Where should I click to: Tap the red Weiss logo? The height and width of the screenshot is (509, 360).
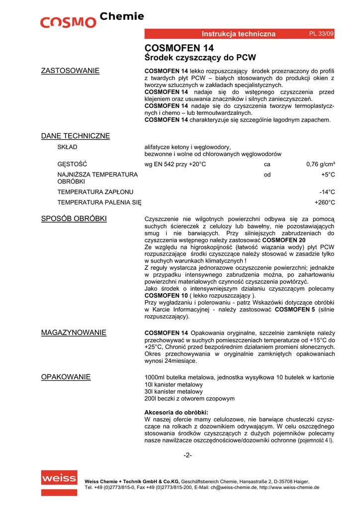point(59,479)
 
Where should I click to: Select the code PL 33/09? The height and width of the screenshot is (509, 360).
point(321,33)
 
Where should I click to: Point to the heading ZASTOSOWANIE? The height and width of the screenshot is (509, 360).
point(70,71)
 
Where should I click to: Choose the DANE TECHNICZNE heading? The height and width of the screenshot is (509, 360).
point(75,136)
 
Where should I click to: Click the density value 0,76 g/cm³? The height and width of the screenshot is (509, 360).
point(320,164)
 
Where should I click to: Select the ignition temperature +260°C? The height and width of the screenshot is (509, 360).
point(325,202)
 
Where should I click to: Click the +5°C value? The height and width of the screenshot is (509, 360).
point(328,174)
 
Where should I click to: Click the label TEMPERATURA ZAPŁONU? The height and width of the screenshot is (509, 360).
point(95,192)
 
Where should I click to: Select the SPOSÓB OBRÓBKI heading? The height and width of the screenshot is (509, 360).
point(74,219)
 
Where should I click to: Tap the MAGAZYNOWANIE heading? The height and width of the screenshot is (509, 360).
point(73,333)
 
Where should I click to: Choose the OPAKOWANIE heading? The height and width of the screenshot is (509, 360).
point(66,377)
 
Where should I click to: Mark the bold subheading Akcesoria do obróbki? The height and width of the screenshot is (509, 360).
point(176,413)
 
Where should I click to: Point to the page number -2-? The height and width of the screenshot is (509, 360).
point(187,455)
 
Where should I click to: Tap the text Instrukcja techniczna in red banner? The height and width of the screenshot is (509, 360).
point(238,34)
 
